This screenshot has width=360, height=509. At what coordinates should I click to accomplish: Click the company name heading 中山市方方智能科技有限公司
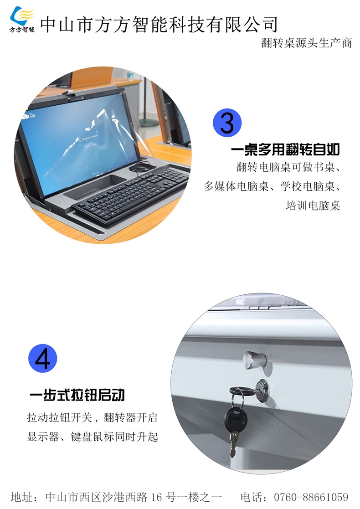159,24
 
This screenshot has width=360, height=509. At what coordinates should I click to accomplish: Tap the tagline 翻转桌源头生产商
306,42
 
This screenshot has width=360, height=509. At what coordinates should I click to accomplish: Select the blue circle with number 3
227,123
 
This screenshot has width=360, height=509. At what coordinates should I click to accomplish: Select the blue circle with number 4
42,358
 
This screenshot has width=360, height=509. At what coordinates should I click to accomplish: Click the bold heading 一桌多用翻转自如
285,149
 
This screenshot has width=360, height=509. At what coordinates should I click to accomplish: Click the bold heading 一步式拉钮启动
77,395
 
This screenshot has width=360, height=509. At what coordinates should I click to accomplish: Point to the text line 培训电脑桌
313,205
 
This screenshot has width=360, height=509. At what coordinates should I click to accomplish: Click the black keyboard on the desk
130,195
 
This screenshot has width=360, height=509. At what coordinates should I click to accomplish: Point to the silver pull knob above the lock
254,360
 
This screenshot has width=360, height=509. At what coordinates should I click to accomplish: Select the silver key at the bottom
233,444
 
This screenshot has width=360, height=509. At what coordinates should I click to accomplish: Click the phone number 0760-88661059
311,497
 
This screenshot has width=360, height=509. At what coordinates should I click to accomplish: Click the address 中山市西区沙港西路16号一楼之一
134,497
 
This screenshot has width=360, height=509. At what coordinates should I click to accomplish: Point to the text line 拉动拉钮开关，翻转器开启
92,417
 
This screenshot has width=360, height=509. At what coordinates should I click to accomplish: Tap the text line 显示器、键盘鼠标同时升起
92,437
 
